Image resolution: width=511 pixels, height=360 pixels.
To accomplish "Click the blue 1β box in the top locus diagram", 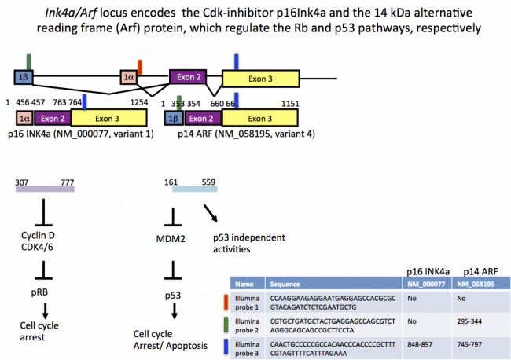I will [23, 77].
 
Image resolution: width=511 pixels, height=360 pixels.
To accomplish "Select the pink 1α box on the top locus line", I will [129, 77].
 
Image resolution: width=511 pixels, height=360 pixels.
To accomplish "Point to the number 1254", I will [139, 103].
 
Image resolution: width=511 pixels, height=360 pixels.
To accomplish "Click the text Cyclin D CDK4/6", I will [44, 241].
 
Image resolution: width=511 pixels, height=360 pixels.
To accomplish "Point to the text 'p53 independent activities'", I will [249, 243].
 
